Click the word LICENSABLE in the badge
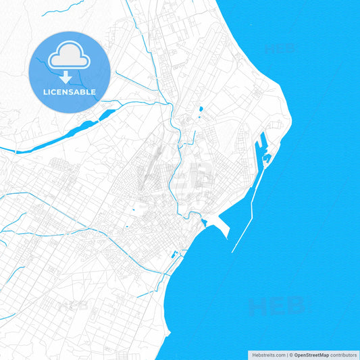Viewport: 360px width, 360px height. pos(70,92)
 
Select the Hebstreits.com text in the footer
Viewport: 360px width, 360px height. pos(268,355)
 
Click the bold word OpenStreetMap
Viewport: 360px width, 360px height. pos(311,355)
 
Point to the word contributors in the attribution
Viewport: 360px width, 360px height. pos(343,355)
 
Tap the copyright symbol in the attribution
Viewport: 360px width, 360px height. pos(291,355)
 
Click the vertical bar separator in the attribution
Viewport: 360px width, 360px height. pos(286,355)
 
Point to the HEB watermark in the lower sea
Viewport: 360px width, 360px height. pos(276,306)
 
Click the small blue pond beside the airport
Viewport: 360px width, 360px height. pos(201,109)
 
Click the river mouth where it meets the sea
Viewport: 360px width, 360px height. pos(201,222)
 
